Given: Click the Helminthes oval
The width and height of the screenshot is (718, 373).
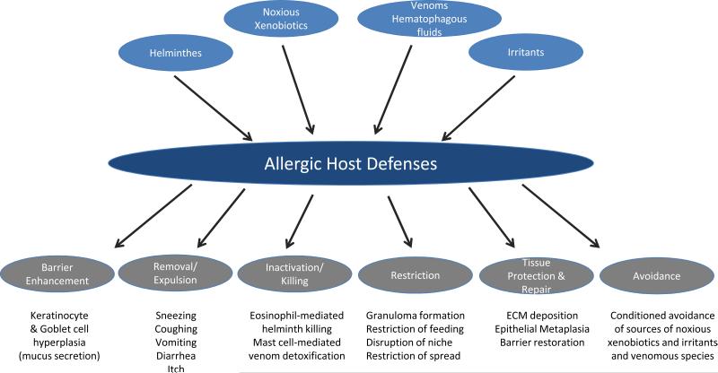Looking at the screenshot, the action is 176,53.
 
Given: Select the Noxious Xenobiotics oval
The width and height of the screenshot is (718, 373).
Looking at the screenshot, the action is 281,19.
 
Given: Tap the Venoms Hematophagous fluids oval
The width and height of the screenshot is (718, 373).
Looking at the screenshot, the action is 429,19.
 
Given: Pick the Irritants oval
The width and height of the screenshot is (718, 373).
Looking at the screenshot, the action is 526,52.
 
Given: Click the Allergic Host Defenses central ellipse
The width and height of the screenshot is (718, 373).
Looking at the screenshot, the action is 351,163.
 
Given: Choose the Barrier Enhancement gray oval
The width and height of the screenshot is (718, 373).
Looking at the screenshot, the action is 57,274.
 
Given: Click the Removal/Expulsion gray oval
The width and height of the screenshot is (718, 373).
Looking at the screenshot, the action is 175,273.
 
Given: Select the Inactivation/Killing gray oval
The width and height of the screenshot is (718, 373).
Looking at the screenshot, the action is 294,273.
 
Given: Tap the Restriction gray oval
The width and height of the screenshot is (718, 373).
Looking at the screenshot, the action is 416,275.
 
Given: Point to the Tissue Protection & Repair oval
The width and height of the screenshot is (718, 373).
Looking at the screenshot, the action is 536,275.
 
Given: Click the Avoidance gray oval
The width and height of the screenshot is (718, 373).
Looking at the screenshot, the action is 657,276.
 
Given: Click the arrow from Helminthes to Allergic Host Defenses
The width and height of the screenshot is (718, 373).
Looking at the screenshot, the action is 214,108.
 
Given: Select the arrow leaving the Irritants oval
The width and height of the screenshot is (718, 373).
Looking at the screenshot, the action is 478,108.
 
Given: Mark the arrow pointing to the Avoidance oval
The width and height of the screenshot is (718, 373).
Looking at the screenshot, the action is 561,216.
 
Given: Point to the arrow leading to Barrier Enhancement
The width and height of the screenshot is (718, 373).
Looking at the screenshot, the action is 153,216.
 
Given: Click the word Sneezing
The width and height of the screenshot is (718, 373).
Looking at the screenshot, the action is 176,316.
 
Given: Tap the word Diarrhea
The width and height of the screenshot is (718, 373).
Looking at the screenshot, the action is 176,356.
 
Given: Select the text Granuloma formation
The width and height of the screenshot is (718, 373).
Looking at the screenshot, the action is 416,316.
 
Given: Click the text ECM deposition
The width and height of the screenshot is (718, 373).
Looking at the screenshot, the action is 542,316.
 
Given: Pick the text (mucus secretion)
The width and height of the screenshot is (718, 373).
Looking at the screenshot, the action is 59,356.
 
